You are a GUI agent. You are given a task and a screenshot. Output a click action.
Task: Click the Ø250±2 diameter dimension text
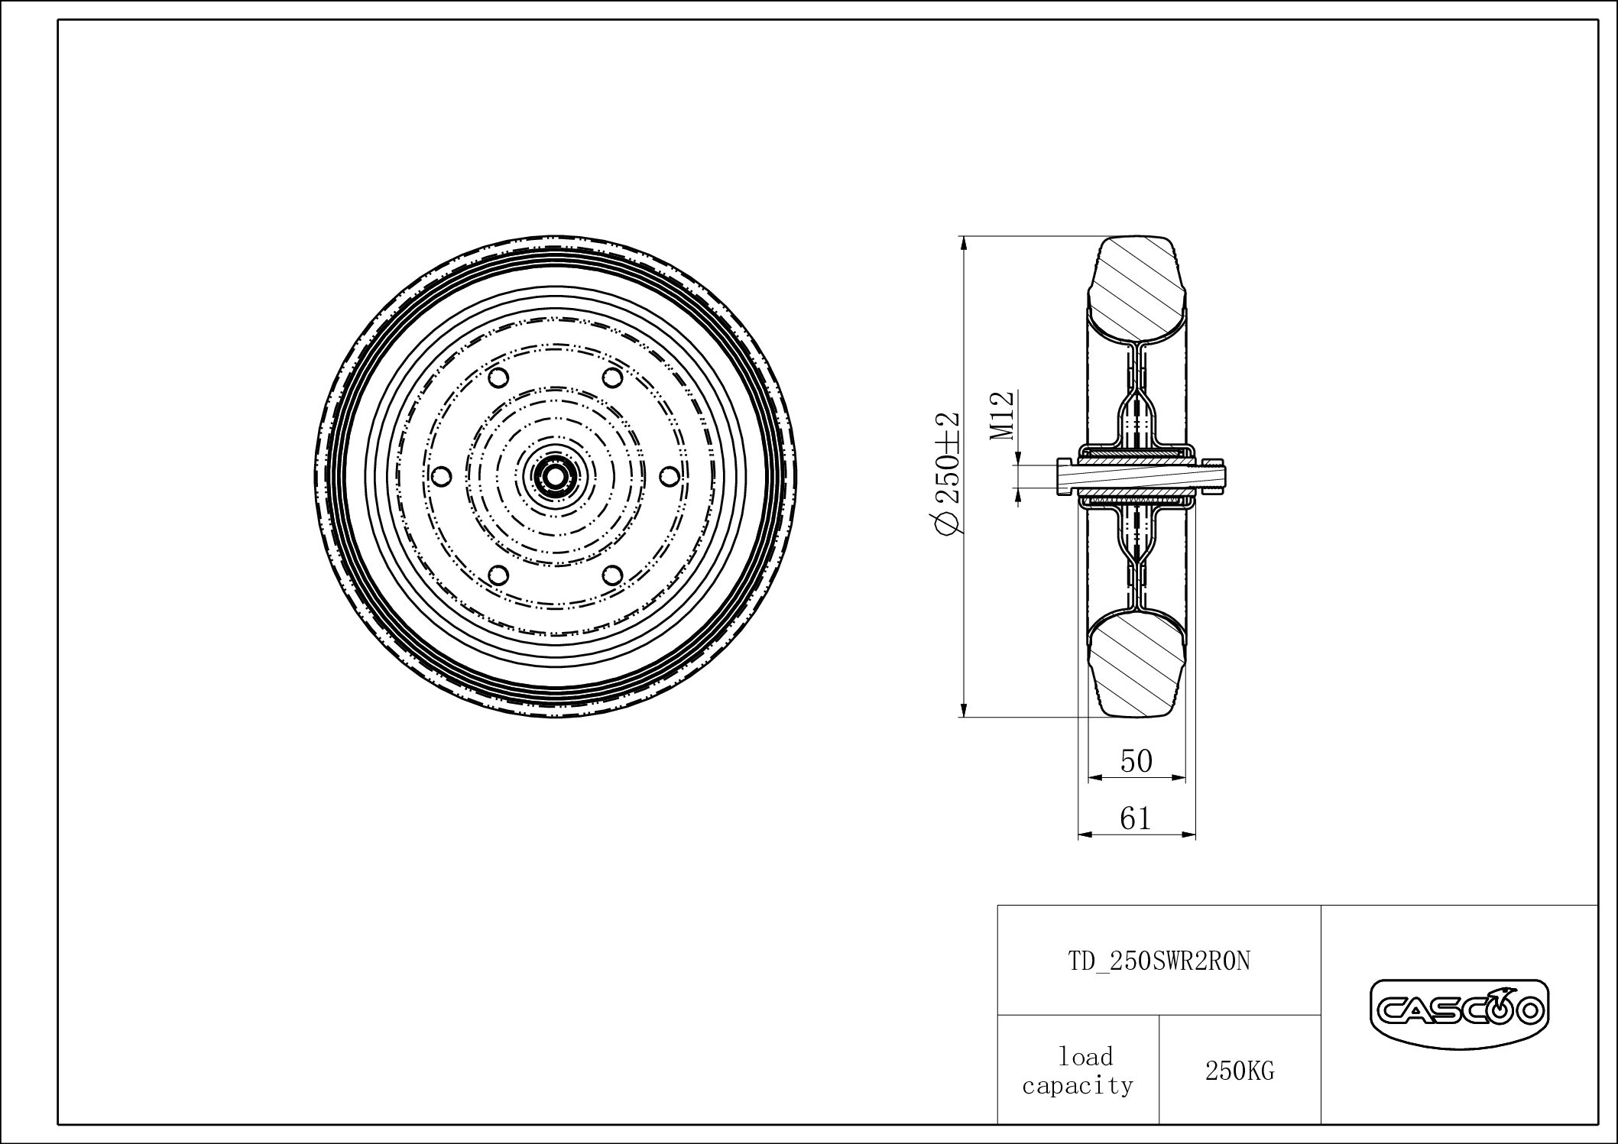click(947, 474)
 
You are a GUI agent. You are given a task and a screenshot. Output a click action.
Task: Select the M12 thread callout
click(1002, 416)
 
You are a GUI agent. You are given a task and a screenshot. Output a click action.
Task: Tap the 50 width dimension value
click(1136, 761)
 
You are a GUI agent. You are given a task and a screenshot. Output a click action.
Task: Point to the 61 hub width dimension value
click(1136, 818)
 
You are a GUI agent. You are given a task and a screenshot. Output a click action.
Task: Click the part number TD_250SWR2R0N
click(1159, 961)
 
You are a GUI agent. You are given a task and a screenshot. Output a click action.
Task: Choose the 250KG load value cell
click(1240, 1071)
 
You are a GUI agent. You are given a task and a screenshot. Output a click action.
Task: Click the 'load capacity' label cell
click(1078, 1070)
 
